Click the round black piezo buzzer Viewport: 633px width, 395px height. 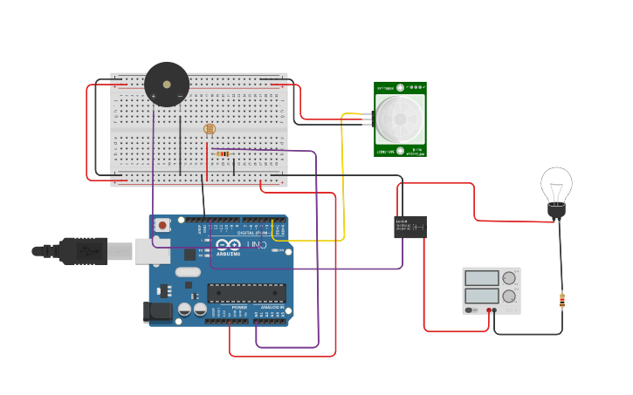(x=167, y=84)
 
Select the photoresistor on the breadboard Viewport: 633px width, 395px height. (x=209, y=130)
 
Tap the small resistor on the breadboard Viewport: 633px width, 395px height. (x=224, y=154)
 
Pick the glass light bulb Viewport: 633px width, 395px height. (x=556, y=185)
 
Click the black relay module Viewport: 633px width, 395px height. (x=409, y=227)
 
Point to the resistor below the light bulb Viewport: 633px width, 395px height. (x=561, y=301)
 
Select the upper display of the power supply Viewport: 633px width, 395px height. (x=482, y=278)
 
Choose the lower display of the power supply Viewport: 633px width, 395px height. (x=482, y=296)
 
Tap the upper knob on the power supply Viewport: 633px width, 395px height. (x=509, y=278)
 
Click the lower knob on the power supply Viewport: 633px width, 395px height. (x=509, y=296)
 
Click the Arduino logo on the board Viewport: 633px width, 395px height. (x=224, y=245)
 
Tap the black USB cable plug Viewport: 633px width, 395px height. (x=84, y=251)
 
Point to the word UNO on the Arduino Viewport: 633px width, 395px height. (x=252, y=245)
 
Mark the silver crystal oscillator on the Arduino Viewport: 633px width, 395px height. (x=187, y=271)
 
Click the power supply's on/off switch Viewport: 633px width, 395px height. (x=471, y=310)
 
